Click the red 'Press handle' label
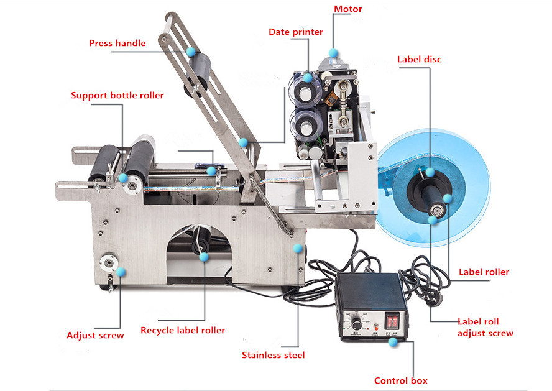(117, 44)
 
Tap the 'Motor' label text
(348, 9)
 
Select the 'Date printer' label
(296, 32)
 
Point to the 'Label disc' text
(419, 60)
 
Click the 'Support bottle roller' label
(117, 95)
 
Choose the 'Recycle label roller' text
(183, 331)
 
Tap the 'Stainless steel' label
(273, 355)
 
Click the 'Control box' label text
(400, 381)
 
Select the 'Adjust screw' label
(95, 336)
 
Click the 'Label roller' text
(484, 272)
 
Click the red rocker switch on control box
(392, 321)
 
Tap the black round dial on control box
(356, 323)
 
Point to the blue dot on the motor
(333, 53)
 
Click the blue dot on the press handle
(191, 52)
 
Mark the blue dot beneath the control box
(393, 342)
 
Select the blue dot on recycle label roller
(204, 257)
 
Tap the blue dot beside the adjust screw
(121, 272)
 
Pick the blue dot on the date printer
(308, 78)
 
